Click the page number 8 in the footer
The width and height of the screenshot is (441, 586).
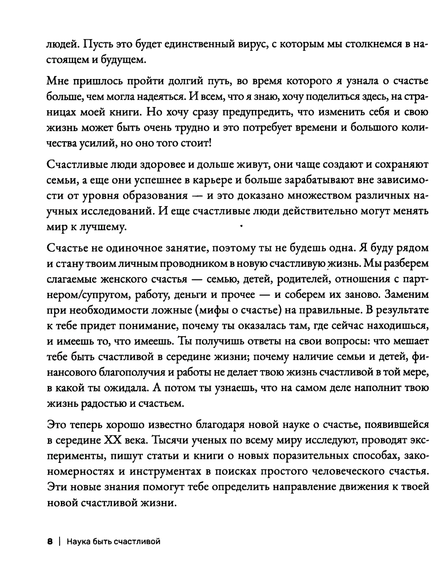tap(50, 541)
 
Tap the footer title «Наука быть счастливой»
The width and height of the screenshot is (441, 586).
tap(113, 541)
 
